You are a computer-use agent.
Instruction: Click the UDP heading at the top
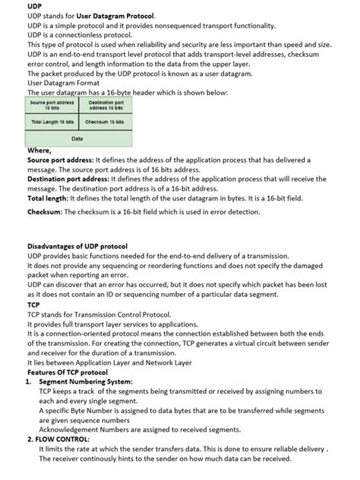click(x=34, y=6)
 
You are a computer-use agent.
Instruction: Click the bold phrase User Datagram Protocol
click(x=115, y=15)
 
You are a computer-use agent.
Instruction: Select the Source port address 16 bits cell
click(x=52, y=105)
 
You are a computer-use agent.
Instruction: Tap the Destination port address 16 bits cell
click(x=106, y=105)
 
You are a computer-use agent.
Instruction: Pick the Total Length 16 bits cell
click(x=52, y=122)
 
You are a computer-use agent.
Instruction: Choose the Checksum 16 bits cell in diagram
click(x=106, y=122)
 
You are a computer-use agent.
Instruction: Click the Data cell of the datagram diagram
click(x=77, y=139)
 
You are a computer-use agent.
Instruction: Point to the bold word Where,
click(x=39, y=151)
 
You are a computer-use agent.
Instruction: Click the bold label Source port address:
click(x=60, y=160)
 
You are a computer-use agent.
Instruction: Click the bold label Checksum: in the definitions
click(x=45, y=212)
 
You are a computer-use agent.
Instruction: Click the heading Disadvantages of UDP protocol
click(x=77, y=247)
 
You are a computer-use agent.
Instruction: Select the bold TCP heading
click(x=33, y=305)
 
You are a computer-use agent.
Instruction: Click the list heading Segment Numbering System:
click(x=85, y=381)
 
